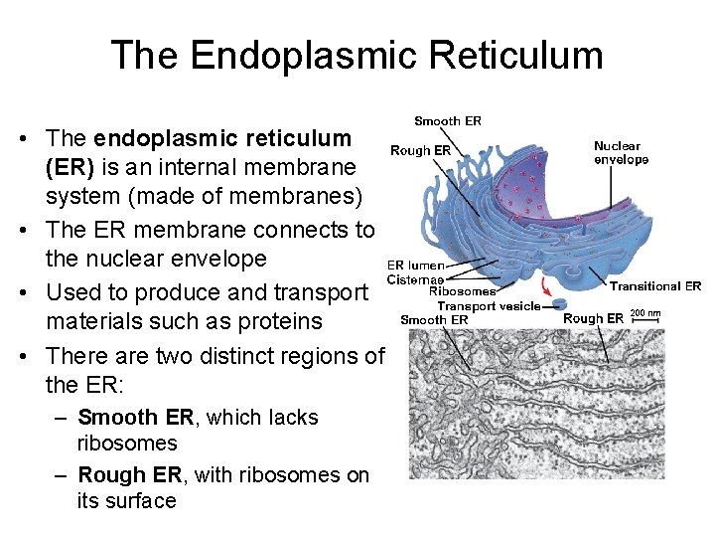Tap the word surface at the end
point(127,500)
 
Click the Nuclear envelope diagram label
point(621,152)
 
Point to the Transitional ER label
point(655,286)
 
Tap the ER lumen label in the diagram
point(415,266)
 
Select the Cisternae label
point(416,278)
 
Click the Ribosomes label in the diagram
point(462,291)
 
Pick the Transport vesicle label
point(489,306)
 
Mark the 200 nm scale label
point(645,313)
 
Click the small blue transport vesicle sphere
point(560,303)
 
